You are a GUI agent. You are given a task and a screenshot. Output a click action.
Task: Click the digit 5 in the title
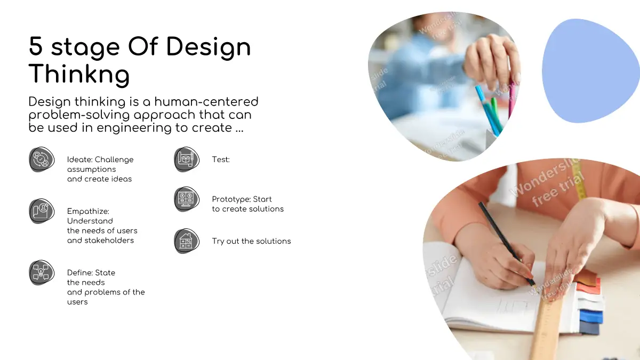tap(36, 46)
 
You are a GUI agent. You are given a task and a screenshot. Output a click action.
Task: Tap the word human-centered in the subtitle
tap(206, 102)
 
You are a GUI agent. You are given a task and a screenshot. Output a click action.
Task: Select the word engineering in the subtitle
tap(134, 127)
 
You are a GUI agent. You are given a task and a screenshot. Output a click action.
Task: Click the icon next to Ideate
tap(42, 159)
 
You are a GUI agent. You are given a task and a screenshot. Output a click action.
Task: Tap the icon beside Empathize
tap(42, 211)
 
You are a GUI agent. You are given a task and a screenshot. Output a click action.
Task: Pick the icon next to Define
tap(42, 273)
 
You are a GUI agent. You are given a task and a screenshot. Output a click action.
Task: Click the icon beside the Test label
tap(187, 159)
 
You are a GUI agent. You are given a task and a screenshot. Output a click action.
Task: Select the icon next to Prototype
tap(187, 199)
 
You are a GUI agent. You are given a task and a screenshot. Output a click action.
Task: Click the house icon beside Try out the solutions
tap(187, 241)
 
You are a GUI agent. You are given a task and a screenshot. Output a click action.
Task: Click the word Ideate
tap(79, 159)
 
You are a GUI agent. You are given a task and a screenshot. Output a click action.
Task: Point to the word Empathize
tap(88, 212)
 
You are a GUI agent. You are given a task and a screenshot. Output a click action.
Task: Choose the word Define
tap(79, 273)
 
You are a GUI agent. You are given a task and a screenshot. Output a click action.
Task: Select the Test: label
tap(221, 159)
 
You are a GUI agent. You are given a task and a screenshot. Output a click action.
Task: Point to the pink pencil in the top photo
tap(512, 97)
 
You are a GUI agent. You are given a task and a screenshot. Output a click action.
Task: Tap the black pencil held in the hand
tap(506, 243)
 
